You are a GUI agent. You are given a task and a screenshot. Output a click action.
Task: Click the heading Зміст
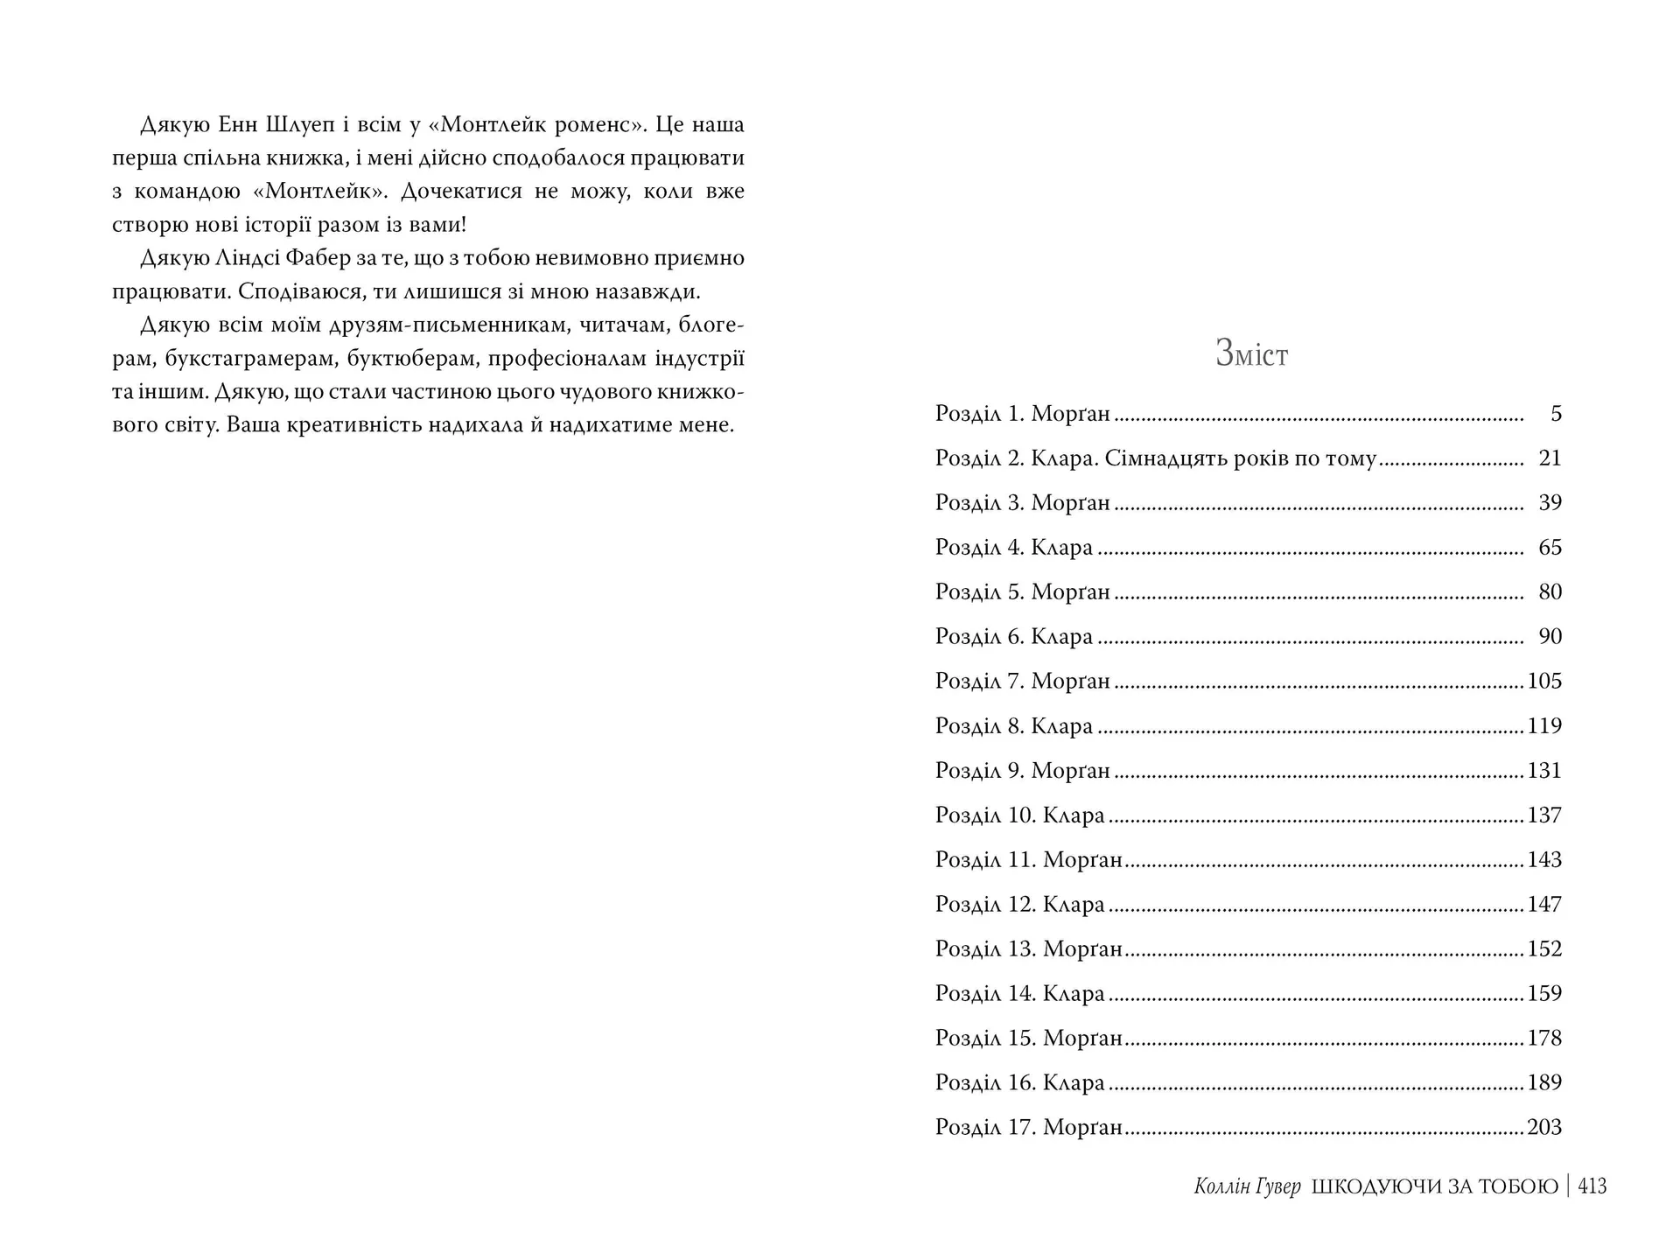tap(1251, 353)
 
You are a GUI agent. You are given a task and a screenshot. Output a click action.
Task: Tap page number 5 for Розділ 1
tap(1555, 414)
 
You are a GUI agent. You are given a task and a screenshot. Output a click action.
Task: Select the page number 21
tap(1550, 458)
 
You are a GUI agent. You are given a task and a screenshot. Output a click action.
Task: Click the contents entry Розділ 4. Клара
tap(1013, 548)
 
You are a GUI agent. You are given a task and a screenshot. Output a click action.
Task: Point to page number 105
tap(1544, 682)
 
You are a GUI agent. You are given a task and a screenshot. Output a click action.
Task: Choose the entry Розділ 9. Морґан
tap(1022, 771)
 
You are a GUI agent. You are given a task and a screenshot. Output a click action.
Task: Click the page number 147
tap(1544, 905)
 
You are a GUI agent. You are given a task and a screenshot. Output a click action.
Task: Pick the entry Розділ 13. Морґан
tap(1028, 949)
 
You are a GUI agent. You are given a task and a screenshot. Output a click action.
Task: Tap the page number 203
tap(1544, 1128)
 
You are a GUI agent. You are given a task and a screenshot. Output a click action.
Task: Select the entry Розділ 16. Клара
tap(1019, 1083)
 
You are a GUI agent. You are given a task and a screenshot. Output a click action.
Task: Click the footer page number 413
tap(1592, 1186)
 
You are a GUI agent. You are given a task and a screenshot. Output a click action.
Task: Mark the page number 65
tap(1550, 548)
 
